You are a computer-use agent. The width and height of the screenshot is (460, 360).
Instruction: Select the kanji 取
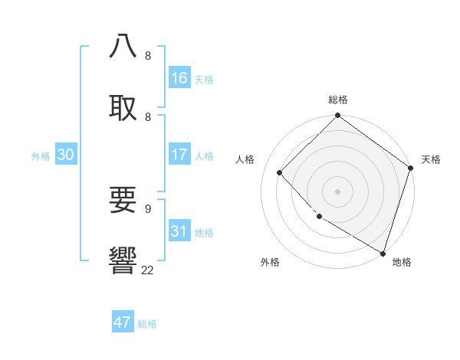pyautogui.click(x=123, y=107)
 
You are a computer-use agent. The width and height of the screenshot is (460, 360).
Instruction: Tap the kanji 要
pyautogui.click(x=123, y=200)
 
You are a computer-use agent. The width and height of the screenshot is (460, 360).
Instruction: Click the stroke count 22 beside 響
pyautogui.click(x=147, y=270)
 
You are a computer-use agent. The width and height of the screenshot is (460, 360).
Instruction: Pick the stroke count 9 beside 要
pyautogui.click(x=147, y=208)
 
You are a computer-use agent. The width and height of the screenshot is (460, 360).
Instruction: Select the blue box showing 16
pyautogui.click(x=179, y=78)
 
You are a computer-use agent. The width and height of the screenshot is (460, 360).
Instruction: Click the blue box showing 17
pyautogui.click(x=179, y=155)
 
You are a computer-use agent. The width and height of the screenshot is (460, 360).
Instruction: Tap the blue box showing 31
pyautogui.click(x=179, y=231)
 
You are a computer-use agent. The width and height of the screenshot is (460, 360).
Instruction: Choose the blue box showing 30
pyautogui.click(x=66, y=155)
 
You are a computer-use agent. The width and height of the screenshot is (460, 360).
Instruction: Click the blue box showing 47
pyautogui.click(x=123, y=322)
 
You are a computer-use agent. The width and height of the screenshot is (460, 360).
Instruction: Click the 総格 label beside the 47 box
pyautogui.click(x=147, y=324)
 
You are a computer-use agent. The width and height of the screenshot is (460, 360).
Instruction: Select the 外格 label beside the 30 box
pyautogui.click(x=41, y=156)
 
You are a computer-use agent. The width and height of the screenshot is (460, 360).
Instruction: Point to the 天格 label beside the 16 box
pyautogui.click(x=204, y=80)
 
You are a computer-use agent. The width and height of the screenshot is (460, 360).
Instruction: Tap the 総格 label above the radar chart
pyautogui.click(x=338, y=100)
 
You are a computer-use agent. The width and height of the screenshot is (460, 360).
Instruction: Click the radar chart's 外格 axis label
pyautogui.click(x=270, y=262)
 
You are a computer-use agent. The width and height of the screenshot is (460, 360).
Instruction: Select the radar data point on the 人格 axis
pyautogui.click(x=280, y=172)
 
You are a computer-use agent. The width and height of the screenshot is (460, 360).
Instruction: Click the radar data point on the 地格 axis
pyautogui.click(x=383, y=252)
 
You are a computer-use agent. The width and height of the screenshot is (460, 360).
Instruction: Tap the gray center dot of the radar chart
pyautogui.click(x=338, y=191)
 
